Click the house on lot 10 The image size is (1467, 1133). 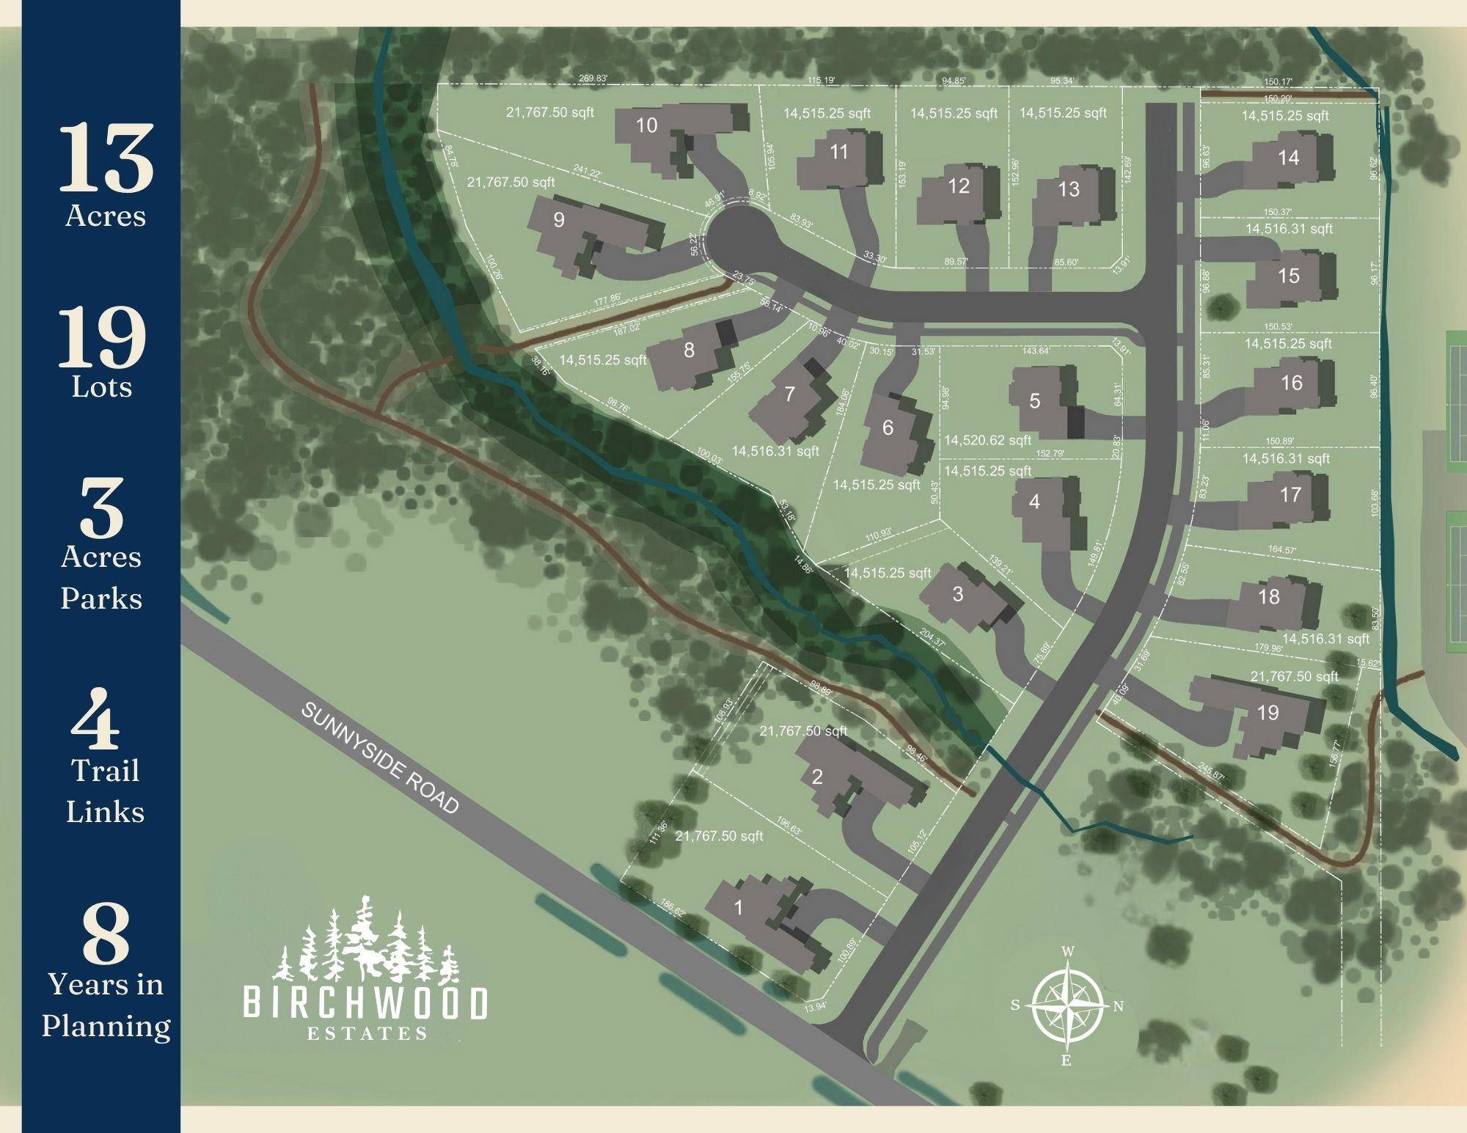point(678,136)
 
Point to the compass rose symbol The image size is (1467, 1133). point(1067,1005)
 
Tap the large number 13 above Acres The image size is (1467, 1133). point(106,158)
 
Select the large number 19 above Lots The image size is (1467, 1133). point(103,337)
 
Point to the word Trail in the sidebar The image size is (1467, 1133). point(105,771)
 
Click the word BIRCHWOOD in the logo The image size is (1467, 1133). point(365,1004)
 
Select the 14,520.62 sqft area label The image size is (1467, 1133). point(987,440)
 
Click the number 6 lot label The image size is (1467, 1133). point(888,427)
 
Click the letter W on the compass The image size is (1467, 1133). point(1069,951)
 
